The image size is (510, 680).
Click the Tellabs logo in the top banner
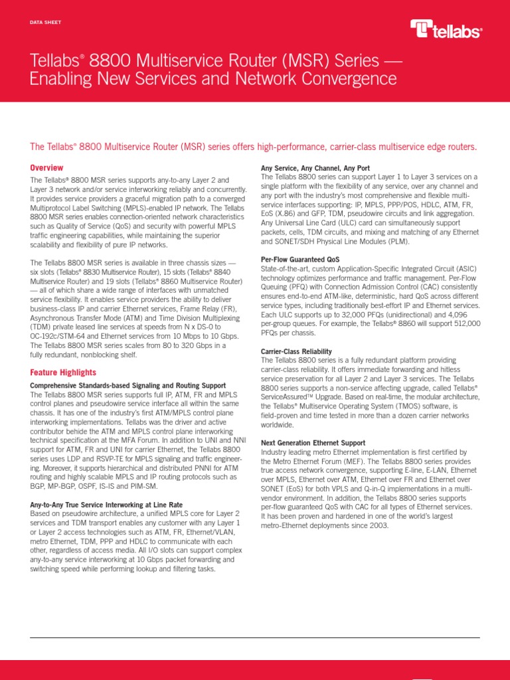click(x=446, y=29)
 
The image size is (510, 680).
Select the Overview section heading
click(x=47, y=168)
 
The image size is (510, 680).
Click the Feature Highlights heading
click(x=62, y=373)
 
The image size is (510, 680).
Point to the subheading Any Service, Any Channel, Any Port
click(x=315, y=169)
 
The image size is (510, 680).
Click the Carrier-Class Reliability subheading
click(x=296, y=351)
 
